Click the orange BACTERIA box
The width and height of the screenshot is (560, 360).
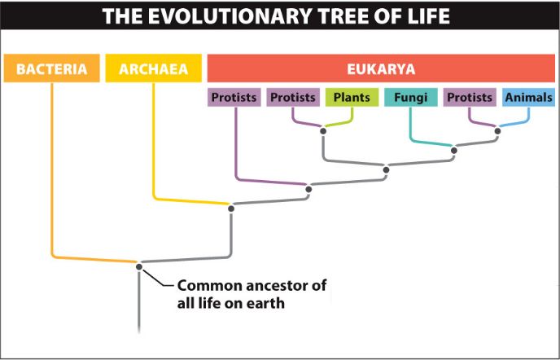(52, 68)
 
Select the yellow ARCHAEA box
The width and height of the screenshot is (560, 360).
(154, 68)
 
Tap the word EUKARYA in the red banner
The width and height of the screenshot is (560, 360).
(381, 69)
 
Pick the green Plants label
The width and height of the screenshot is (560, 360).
(352, 97)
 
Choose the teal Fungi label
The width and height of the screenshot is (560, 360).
(411, 97)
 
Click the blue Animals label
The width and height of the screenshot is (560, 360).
(528, 97)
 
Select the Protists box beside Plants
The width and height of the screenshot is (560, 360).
(293, 97)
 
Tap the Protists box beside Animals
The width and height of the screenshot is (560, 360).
(470, 97)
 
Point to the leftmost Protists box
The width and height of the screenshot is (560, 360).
(234, 97)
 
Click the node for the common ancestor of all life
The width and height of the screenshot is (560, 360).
(139, 266)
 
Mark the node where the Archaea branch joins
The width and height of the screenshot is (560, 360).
(231, 209)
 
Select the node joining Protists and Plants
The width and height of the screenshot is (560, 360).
(323, 131)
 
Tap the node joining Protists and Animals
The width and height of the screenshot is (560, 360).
(497, 131)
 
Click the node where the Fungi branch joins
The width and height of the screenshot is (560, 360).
(454, 151)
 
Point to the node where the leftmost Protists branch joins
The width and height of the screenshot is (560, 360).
(308, 189)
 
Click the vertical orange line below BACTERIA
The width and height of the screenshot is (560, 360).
(52, 169)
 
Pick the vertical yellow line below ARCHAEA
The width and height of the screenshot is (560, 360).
(154, 139)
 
